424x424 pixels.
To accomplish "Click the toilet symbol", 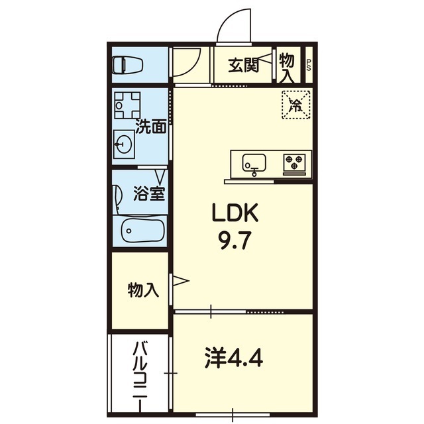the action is point(127,65).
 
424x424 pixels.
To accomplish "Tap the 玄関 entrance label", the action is point(244,66).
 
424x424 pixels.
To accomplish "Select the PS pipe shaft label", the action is point(309,65).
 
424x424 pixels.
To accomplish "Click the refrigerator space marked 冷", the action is point(296,105).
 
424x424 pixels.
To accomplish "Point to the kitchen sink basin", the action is point(254,163).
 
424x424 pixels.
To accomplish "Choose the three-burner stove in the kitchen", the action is point(294,163).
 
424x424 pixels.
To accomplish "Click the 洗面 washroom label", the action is point(150,127).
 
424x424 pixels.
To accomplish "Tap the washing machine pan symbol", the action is point(127,105).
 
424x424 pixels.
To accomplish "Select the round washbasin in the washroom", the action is point(124,144).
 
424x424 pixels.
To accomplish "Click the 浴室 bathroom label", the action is point(149,193).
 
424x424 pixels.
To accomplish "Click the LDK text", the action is point(235,212).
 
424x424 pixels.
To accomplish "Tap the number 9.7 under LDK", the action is point(235,240).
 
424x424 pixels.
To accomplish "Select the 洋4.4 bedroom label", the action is point(234,358).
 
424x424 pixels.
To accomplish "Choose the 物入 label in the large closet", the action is point(143,290).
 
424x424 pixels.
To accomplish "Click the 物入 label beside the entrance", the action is point(287,68).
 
